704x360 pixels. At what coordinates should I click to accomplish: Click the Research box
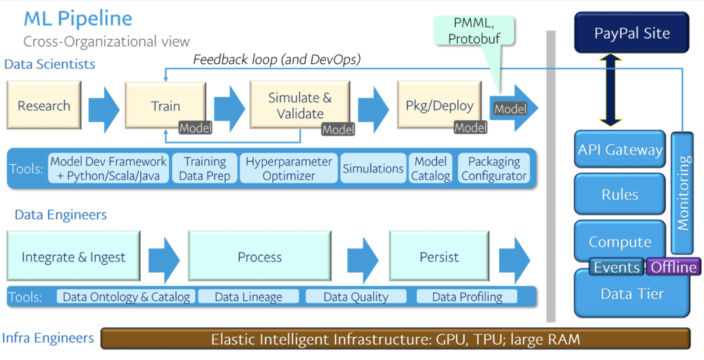click(44, 106)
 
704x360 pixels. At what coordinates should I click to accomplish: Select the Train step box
click(165, 106)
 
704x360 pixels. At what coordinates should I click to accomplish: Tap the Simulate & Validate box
click(299, 106)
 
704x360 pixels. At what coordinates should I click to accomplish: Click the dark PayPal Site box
click(630, 33)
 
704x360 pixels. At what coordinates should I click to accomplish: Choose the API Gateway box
click(619, 150)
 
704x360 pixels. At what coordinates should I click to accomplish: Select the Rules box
click(619, 194)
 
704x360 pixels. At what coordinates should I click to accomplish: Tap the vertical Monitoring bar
click(683, 192)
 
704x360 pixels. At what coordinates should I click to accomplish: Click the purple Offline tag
click(672, 267)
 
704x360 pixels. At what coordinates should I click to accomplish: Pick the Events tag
click(617, 267)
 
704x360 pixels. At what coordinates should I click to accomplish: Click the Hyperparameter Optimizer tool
click(288, 168)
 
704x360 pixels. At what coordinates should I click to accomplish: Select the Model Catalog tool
click(430, 168)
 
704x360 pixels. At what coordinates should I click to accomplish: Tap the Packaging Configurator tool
click(494, 168)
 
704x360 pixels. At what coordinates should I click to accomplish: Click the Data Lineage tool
click(248, 297)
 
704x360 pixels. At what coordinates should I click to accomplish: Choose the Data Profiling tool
click(467, 297)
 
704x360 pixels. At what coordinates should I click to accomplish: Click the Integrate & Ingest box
click(74, 257)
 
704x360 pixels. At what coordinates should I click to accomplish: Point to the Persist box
click(439, 257)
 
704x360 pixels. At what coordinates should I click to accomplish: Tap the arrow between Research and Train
click(102, 106)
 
